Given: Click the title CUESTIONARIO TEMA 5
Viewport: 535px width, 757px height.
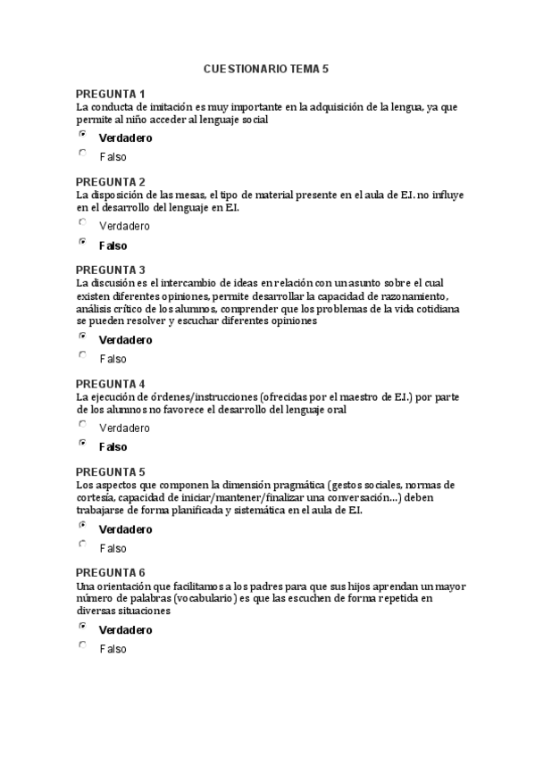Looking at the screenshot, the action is click(266, 68).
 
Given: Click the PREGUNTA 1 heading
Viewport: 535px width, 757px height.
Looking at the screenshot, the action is click(110, 94).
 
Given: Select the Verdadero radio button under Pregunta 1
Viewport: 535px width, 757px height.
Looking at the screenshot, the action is click(83, 134).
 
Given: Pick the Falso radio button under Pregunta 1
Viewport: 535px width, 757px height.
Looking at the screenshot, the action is click(83, 153).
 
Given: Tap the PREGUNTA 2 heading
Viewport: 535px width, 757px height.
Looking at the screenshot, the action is click(110, 181).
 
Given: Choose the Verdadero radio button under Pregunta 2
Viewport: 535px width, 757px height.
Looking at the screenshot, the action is click(83, 221).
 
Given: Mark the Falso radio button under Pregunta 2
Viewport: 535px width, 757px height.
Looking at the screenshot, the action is click(83, 241).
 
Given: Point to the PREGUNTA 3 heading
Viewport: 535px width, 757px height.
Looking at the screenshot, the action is click(110, 270).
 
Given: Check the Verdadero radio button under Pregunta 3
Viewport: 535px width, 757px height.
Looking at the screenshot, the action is click(83, 336).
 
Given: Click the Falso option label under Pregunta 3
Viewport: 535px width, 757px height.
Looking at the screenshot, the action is click(113, 359).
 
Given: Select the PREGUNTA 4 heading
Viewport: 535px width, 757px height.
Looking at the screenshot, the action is click(110, 384).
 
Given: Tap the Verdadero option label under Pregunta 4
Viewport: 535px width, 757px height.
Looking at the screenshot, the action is click(124, 428).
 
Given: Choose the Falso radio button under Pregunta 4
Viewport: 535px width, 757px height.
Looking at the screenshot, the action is click(83, 443).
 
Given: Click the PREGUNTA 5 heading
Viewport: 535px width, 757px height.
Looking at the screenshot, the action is click(110, 471).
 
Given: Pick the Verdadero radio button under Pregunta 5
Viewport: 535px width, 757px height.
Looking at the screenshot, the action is click(83, 525).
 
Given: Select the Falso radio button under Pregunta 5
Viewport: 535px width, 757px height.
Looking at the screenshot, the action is click(83, 544).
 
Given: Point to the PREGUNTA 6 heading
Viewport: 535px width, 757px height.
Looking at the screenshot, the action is click(110, 572).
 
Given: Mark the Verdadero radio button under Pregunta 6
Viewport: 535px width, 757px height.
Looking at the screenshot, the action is click(83, 626).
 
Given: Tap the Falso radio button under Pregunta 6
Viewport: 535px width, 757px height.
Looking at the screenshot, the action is click(83, 645).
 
